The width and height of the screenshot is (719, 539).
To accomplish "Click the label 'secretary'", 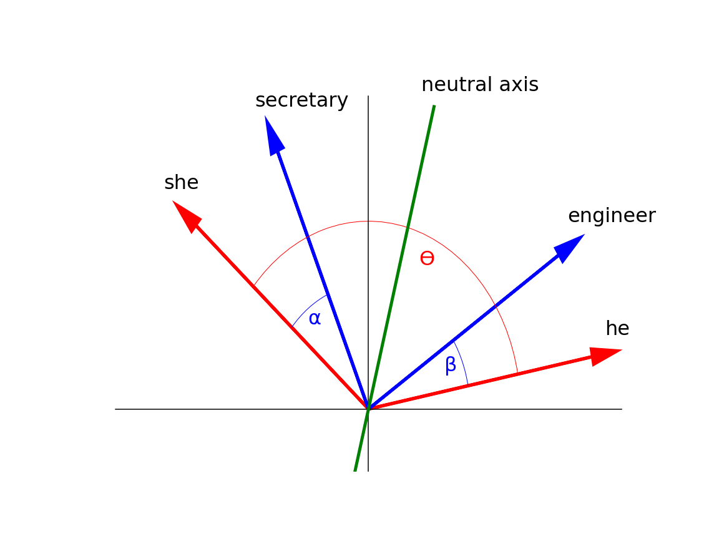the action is (301, 100).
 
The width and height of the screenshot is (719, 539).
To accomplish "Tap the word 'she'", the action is (181, 182).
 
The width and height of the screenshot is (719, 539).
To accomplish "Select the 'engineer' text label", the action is (612, 216).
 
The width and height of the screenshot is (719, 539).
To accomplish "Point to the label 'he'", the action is (617, 328).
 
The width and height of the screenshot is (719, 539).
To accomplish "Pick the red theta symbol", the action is (427, 258).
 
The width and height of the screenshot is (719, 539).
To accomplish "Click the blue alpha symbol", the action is (315, 319).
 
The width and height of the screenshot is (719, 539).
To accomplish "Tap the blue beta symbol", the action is (451, 366).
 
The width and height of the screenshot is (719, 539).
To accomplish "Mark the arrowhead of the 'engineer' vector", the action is (570, 247).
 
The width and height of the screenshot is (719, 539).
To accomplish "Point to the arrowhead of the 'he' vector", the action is (604, 355).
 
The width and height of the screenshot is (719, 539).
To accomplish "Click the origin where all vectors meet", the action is (368, 409).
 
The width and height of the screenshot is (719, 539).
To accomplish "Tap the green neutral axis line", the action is (394, 288).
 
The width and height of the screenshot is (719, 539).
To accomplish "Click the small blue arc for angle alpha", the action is (308, 308).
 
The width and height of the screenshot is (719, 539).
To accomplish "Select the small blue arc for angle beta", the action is (462, 362).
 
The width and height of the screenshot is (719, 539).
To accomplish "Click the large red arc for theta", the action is (368, 221).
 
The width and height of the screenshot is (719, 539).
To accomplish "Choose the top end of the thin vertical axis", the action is (368, 96).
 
